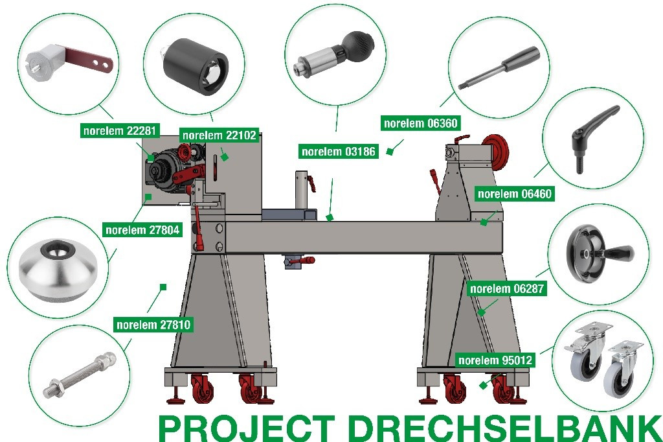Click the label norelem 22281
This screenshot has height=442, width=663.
tap(120, 130)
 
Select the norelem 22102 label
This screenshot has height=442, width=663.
tap(219, 135)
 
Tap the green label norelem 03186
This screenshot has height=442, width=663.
tap(338, 151)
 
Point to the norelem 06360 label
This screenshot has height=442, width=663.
tap(420, 123)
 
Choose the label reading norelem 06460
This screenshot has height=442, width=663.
tap(515, 194)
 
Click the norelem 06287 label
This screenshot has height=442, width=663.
tap(506, 289)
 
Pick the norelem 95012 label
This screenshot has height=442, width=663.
tap(495, 360)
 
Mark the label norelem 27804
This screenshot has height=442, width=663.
tap(142, 230)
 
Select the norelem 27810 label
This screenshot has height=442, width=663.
tap(153, 325)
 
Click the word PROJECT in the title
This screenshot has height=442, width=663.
tap(247, 428)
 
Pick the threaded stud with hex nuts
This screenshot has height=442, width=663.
tap(80, 375)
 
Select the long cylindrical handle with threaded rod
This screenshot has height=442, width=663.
tap(499, 67)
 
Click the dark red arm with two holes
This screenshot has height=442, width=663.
tap(89, 60)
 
